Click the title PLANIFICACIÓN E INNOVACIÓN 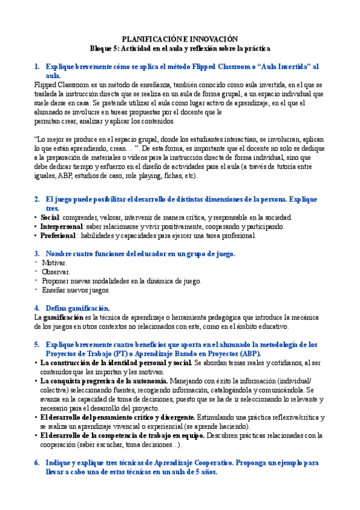pyautogui.click(x=180, y=38)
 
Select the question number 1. pyautogui.click(x=37, y=67)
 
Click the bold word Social pyautogui.click(x=50, y=217)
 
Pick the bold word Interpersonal pyautogui.click(x=63, y=227)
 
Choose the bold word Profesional pyautogui.click(x=59, y=236)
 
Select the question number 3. pyautogui.click(x=37, y=254)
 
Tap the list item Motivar pyautogui.click(x=55, y=263)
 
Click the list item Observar pyautogui.click(x=56, y=272)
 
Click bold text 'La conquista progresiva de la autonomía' pyautogui.click(x=104, y=381)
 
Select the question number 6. pyautogui.click(x=37, y=463)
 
